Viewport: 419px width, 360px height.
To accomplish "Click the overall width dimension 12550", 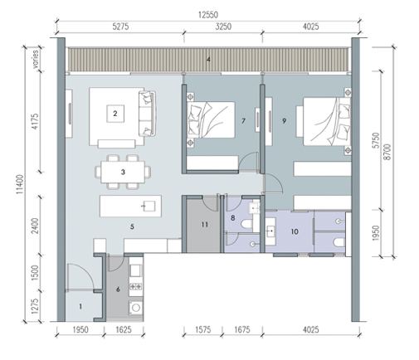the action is tap(208, 15).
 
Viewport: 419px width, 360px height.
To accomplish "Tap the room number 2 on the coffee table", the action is tap(115, 114).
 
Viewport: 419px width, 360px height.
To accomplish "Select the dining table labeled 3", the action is tap(123, 172).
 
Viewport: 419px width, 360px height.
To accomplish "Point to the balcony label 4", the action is tap(208, 60).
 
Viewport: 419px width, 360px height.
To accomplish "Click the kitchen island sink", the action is tap(149, 206).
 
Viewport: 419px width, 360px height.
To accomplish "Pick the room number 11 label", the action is tap(204, 225).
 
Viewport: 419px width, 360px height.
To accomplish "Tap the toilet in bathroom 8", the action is tap(246, 223).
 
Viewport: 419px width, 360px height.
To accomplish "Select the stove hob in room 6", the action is tap(136, 287).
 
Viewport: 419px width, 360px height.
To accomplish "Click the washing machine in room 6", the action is tap(136, 308).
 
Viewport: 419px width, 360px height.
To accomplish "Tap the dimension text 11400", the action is tap(20, 184).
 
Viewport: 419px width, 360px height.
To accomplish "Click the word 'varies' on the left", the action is tap(36, 59).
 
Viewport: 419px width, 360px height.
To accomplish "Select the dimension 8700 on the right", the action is tap(387, 152).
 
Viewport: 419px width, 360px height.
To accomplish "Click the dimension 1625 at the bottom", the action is tap(124, 329).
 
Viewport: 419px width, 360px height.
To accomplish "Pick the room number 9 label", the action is tap(284, 121).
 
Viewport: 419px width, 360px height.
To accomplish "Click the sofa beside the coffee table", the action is tap(147, 114).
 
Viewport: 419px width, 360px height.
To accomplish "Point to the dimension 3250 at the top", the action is tap(223, 27).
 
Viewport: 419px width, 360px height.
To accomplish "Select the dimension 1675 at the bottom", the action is tap(242, 329).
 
